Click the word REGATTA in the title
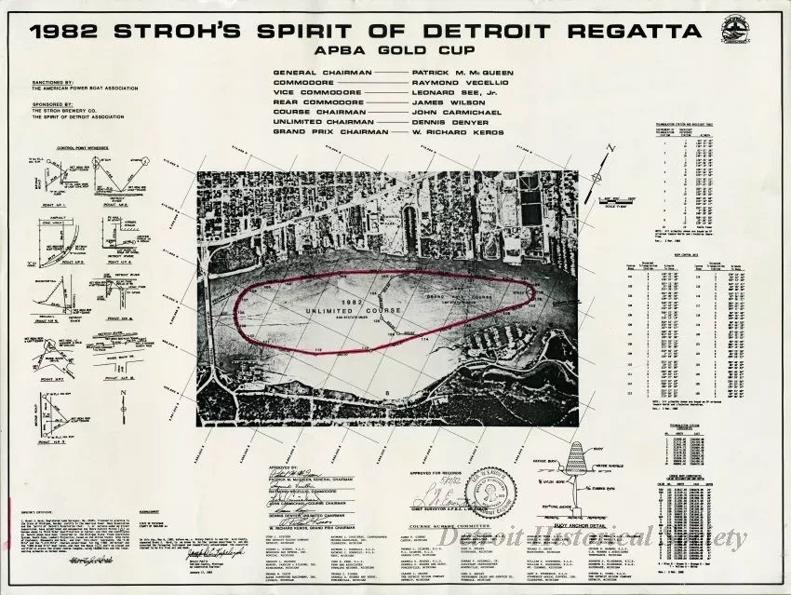tap(628, 31)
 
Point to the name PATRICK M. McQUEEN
tap(459, 72)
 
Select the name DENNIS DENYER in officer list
tap(444, 121)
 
